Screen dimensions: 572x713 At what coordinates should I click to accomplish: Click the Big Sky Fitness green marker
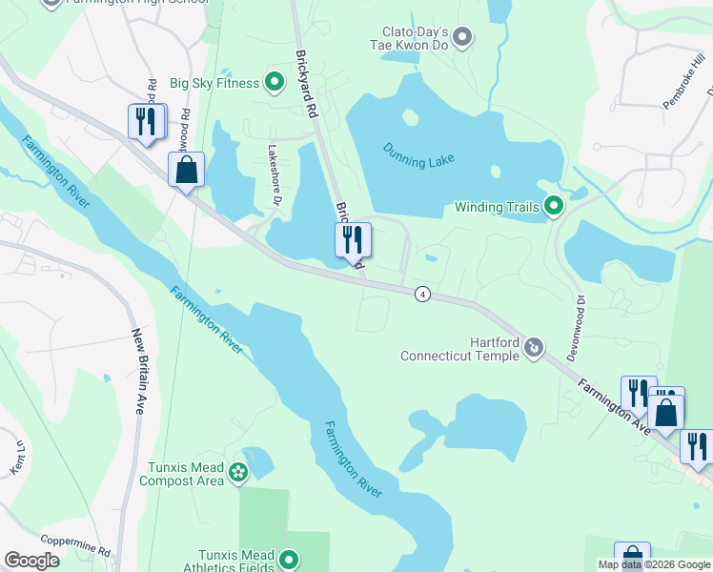[275, 83]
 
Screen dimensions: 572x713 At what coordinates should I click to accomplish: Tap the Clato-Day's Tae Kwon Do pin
[462, 38]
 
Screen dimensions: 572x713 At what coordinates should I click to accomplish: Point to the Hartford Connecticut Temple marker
[534, 348]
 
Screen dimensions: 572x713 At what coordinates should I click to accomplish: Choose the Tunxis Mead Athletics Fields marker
[291, 562]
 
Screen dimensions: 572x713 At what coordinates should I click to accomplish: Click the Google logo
[32, 561]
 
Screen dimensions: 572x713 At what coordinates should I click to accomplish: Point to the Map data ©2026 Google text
[653, 564]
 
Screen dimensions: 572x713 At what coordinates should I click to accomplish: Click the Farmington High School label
[133, 4]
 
